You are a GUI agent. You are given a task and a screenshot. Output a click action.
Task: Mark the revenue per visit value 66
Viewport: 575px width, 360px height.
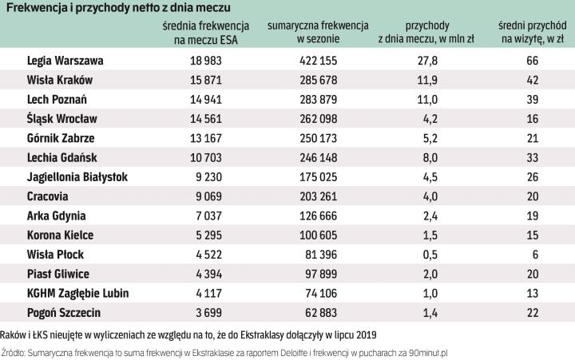[533, 61]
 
